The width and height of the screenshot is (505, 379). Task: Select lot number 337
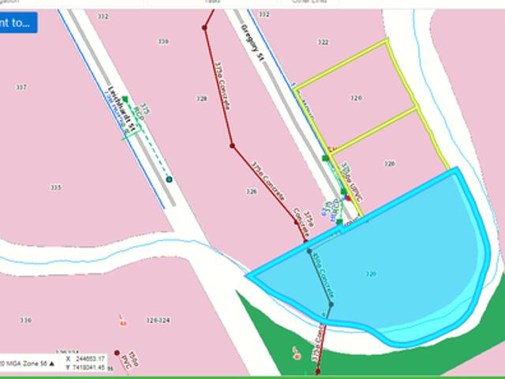pos(21,88)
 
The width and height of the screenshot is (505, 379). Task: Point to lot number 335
pos(55,187)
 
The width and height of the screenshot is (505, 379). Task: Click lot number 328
pos(202,99)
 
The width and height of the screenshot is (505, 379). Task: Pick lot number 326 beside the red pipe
pos(251,191)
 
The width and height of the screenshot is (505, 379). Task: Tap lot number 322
pos(323,42)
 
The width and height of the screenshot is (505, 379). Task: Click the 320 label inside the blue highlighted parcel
pos(371,274)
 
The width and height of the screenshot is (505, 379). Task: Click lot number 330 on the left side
pos(26,321)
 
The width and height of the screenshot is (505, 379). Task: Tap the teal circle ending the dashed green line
pos(169,180)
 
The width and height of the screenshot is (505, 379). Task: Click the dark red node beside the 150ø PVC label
pos(117,354)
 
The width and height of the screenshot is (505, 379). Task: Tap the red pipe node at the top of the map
pos(204,27)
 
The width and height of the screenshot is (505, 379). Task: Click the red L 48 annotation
pos(122,317)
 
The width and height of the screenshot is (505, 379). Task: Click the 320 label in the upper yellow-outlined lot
pos(356,98)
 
